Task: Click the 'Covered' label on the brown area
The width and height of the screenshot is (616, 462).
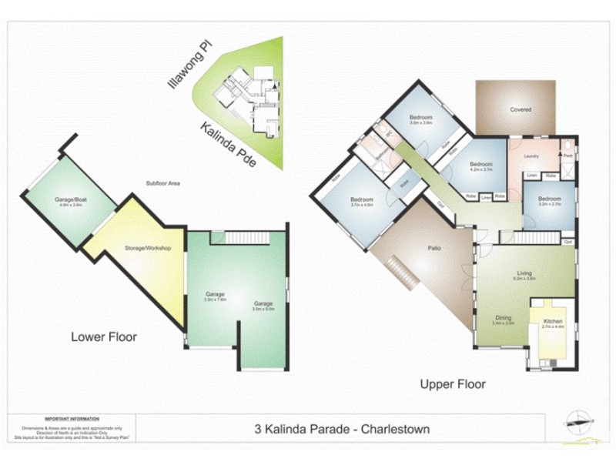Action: (521, 109)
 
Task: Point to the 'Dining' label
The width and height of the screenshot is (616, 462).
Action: (502, 318)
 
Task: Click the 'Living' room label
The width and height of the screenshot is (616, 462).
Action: (524, 273)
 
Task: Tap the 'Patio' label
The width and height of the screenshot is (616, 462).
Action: (434, 248)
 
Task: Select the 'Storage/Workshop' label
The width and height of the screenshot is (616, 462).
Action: (147, 248)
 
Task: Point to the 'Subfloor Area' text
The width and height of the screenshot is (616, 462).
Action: (162, 183)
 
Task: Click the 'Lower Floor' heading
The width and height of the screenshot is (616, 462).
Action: (104, 336)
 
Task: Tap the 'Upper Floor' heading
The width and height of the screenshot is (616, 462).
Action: (452, 383)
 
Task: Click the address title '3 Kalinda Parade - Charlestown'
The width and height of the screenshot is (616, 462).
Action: (341, 429)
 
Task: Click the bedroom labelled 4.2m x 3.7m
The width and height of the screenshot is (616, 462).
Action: (481, 166)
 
